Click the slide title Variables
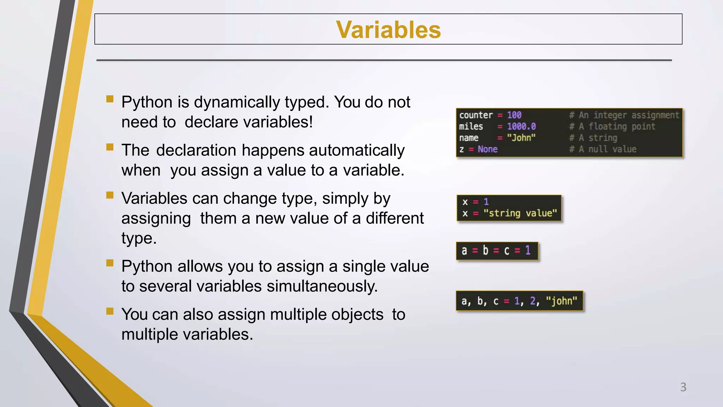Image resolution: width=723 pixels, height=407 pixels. [x=388, y=30]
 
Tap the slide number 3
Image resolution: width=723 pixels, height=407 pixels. [x=683, y=387]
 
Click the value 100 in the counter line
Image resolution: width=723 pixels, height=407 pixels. [x=514, y=115]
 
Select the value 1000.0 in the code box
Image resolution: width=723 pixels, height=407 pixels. [x=521, y=126]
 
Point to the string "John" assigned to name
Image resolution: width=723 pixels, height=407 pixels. [x=521, y=138]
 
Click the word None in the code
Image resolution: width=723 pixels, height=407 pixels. [x=488, y=149]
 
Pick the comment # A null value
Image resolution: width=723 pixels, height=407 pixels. [x=603, y=149]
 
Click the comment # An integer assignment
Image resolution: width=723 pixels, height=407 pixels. [x=624, y=115]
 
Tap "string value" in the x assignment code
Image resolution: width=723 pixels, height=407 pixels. [x=520, y=213]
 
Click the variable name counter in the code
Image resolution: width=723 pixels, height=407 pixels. [x=476, y=115]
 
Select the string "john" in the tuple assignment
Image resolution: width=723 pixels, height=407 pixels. [x=561, y=301]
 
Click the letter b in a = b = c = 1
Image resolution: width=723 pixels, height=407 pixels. [x=485, y=250]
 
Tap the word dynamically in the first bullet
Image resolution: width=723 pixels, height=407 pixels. [x=237, y=102]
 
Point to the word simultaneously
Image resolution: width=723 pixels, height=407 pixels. [x=322, y=286]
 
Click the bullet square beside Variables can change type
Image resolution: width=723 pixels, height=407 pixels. [x=110, y=195]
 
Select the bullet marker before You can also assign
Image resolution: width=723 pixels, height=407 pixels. [x=110, y=311]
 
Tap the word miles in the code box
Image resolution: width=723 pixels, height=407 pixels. [x=471, y=126]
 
